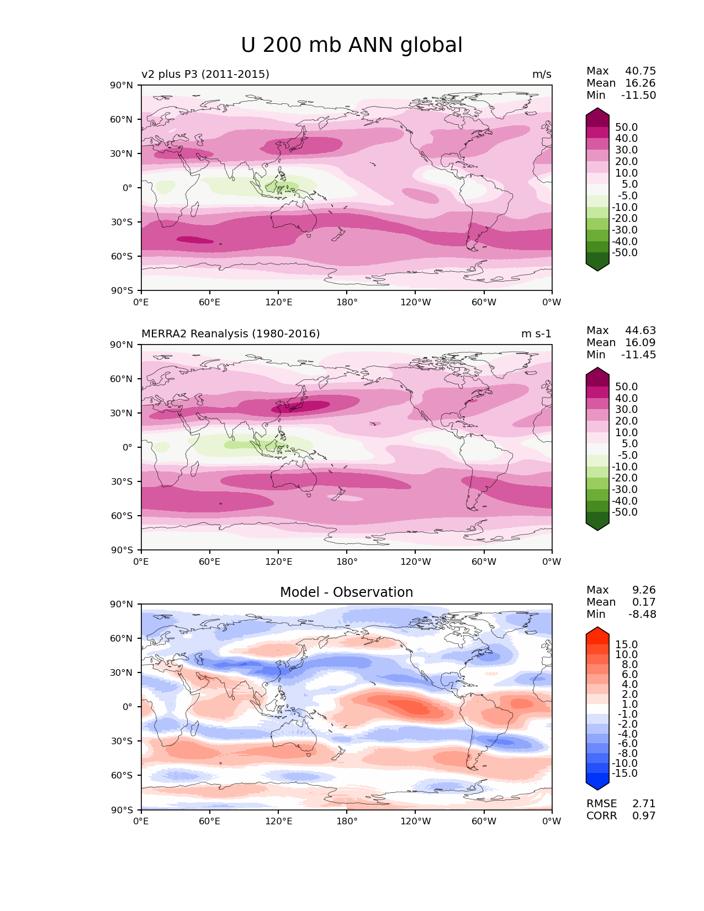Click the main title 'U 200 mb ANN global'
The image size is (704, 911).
[352, 45]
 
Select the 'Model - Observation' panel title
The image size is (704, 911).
[346, 592]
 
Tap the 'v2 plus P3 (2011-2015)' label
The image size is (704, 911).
[205, 75]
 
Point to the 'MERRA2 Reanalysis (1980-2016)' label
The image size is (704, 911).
[231, 334]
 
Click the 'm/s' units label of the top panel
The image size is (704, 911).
[542, 75]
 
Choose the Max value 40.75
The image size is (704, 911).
[641, 71]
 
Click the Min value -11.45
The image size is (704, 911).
[639, 355]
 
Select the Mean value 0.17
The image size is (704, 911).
[644, 602]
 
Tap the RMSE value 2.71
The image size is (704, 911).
[644, 804]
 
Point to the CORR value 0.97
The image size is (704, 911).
[644, 816]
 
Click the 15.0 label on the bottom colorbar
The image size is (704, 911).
[627, 645]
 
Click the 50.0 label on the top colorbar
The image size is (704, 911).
[627, 128]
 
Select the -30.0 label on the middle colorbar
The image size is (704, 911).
[625, 490]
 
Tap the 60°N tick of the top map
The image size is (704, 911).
[122, 119]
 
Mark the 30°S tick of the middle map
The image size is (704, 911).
[122, 481]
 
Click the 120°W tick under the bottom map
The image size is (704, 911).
[415, 822]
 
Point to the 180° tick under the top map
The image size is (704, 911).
[347, 303]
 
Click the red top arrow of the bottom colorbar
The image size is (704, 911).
[597, 632]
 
